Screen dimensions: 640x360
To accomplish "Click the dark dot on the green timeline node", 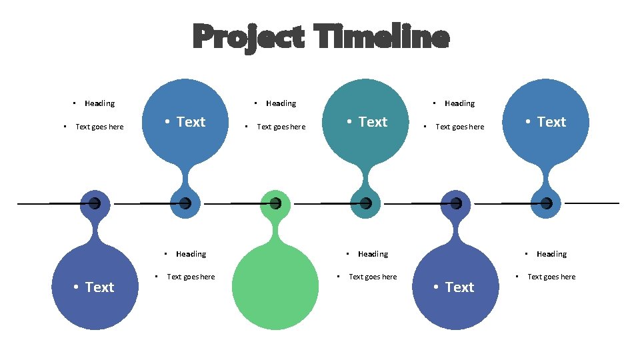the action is pos(275,203).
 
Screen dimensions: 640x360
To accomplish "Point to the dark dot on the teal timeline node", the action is pos(365,203).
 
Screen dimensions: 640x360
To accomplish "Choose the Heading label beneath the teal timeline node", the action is pos(373,254).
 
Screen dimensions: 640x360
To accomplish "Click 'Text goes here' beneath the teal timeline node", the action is pos(373,277).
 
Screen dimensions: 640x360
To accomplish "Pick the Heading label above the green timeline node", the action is pos(281,103).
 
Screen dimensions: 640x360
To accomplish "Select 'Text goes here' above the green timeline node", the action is pos(281,127).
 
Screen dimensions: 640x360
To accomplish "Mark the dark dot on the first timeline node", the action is pos(95,203).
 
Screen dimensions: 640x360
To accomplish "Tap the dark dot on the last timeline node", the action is pos(546,203).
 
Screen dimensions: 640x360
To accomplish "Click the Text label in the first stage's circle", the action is pos(99,287).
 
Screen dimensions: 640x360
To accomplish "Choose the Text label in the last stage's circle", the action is pos(551,122).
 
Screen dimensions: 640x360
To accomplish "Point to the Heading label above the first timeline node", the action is pos(99,103).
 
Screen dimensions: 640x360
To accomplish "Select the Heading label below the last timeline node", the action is pos(551,254).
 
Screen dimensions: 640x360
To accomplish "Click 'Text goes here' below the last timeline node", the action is pos(551,277).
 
